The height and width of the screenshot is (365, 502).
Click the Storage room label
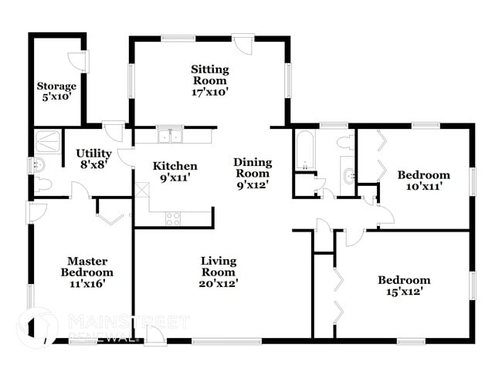click(57, 91)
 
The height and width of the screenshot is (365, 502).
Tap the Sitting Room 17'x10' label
click(209, 80)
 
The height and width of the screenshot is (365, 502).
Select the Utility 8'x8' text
click(93, 159)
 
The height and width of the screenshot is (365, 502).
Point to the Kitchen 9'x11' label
click(175, 171)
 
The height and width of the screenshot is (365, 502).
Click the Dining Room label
click(253, 173)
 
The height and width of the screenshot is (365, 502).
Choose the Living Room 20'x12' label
click(219, 272)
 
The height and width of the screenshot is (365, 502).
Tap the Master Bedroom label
click(86, 272)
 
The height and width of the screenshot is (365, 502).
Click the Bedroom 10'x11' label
click(423, 180)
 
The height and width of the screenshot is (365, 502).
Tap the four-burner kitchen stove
click(173, 218)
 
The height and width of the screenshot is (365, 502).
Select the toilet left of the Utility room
click(44, 184)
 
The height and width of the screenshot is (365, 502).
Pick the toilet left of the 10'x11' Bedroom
click(346, 142)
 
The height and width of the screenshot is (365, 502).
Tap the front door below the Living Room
click(153, 333)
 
